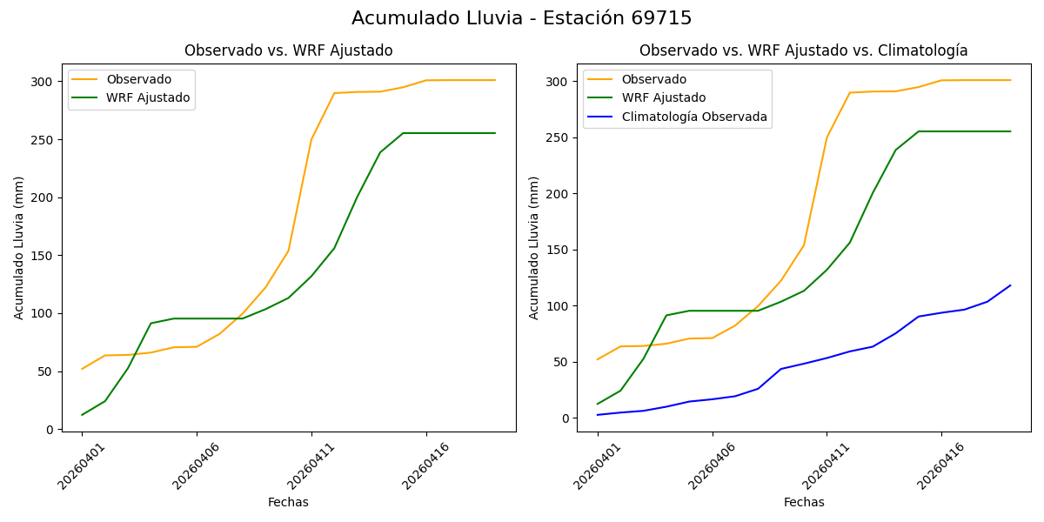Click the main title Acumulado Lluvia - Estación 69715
[522, 18]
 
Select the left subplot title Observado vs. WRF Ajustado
[288, 50]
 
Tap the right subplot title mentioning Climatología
[803, 50]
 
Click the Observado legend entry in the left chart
[138, 80]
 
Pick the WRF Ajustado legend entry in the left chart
[148, 97]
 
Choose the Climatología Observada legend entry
[693, 117]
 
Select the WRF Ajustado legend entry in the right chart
[663, 98]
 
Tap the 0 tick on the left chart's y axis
[51, 430]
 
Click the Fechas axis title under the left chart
[288, 502]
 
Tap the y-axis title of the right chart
[534, 247]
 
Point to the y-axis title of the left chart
[19, 247]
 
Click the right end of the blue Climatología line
[1010, 285]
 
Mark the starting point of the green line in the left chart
[83, 414]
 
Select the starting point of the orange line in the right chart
[598, 359]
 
